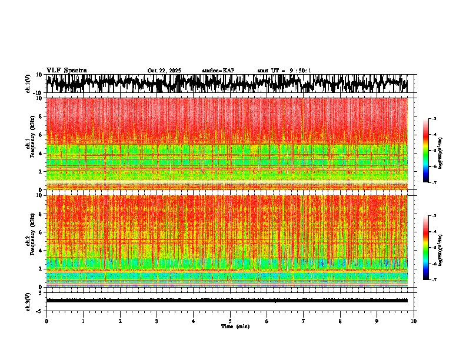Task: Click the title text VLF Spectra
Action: [x=66, y=70]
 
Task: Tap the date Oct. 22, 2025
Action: [x=164, y=71]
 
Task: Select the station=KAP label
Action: [x=218, y=71]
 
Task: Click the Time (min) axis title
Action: [x=235, y=326]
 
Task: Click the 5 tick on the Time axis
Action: [x=230, y=321]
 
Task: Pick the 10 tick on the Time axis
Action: [x=414, y=321]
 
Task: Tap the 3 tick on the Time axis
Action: [x=157, y=321]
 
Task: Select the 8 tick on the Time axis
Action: [x=340, y=321]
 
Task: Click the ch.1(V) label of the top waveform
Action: [x=29, y=84]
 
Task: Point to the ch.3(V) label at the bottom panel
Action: [x=29, y=299]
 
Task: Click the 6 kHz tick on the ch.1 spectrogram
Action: [x=41, y=135]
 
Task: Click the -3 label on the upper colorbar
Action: [x=434, y=119]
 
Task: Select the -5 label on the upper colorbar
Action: [x=434, y=151]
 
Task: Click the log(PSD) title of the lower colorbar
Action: [x=440, y=248]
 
